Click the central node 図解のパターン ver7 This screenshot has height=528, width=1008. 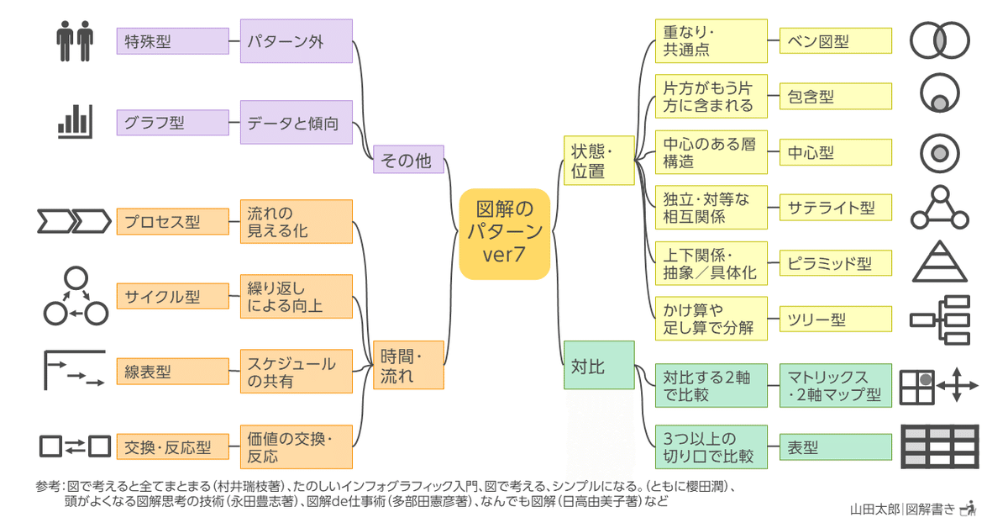coord(504,233)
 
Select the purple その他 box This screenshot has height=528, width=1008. coord(408,159)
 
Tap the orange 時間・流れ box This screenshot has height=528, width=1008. coord(408,365)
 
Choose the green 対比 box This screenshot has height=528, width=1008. coord(597,365)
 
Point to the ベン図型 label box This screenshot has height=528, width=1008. coord(835,40)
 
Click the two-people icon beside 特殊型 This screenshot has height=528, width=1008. coord(74,40)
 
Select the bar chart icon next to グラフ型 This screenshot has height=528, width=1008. coord(74,122)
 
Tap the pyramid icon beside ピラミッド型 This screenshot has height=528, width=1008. coord(940,261)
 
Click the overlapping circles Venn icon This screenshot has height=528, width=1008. coord(940,40)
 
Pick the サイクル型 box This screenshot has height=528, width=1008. coord(172,296)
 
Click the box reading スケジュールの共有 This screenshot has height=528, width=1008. coord(296,371)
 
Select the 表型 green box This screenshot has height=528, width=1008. coord(835,446)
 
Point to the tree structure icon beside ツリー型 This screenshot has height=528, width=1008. coord(940,319)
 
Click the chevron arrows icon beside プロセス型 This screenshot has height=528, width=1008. coord(74,222)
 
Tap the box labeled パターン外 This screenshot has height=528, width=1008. coord(296,40)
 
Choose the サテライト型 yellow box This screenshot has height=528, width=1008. coord(835,207)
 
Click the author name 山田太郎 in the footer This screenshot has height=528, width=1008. coord(874,508)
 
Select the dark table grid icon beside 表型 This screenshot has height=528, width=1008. coord(940,446)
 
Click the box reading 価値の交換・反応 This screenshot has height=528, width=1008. coord(296,446)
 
